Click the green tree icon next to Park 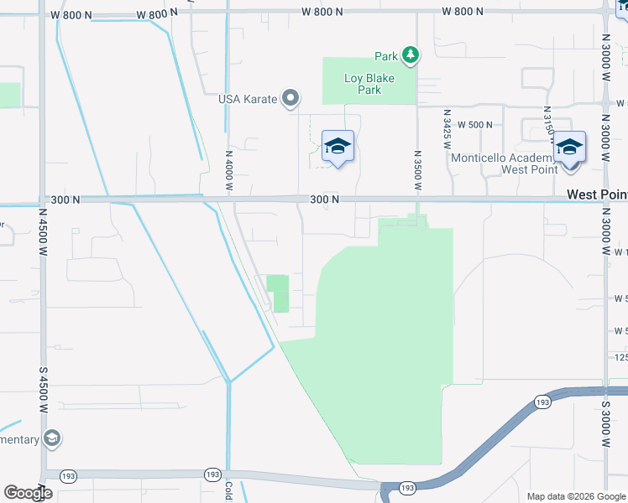click(x=410, y=56)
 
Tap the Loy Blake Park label click(x=369, y=84)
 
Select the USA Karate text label click(x=247, y=99)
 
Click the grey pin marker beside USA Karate click(x=290, y=99)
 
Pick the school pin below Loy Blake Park click(x=338, y=148)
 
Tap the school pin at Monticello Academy click(x=569, y=149)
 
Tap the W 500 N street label click(x=474, y=125)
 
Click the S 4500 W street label click(x=42, y=388)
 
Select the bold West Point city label click(x=596, y=194)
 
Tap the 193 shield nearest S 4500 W click(x=67, y=476)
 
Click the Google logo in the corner click(x=28, y=493)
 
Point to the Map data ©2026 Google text click(x=575, y=496)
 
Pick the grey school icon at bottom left click(x=52, y=438)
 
